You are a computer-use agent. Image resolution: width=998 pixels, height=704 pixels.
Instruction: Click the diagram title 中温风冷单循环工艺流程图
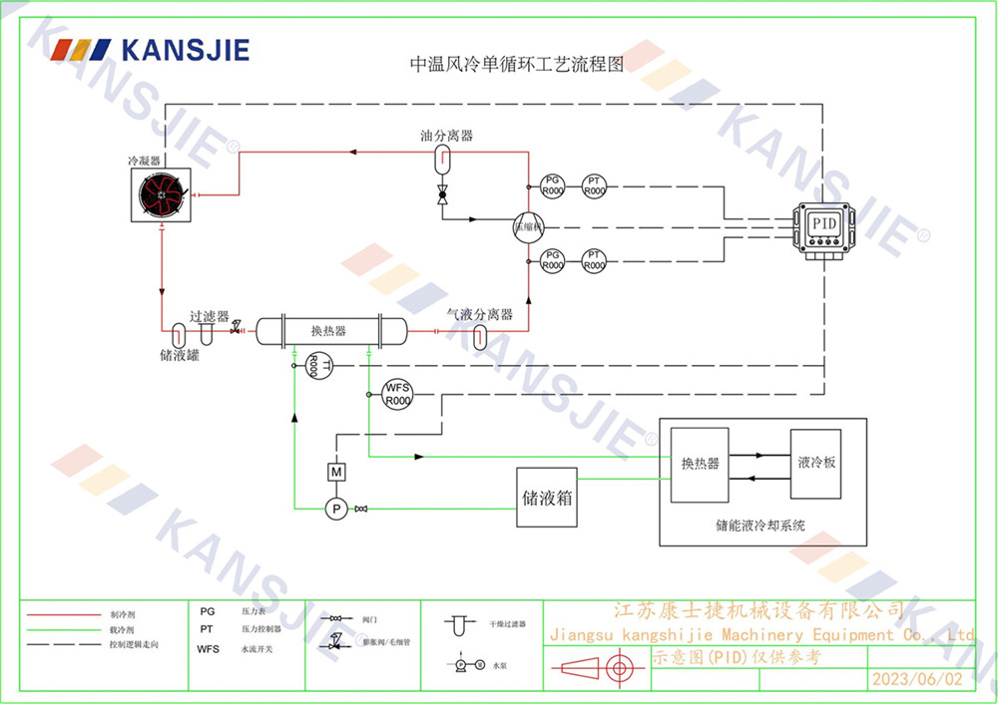click(x=517, y=66)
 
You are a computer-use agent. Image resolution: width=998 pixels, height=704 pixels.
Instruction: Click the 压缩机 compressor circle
click(x=527, y=225)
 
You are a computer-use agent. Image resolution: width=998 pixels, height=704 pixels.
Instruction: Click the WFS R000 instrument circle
click(x=397, y=395)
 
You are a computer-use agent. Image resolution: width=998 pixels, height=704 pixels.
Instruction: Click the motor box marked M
click(x=336, y=471)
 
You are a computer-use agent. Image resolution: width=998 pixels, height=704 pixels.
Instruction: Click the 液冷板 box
click(x=815, y=464)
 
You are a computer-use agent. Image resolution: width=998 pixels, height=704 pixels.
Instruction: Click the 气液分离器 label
click(x=480, y=314)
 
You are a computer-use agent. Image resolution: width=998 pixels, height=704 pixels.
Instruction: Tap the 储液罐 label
click(x=180, y=354)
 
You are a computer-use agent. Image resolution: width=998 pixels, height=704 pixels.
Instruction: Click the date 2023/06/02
click(x=918, y=679)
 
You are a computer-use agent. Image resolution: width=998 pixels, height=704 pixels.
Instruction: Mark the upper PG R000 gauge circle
click(x=552, y=184)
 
